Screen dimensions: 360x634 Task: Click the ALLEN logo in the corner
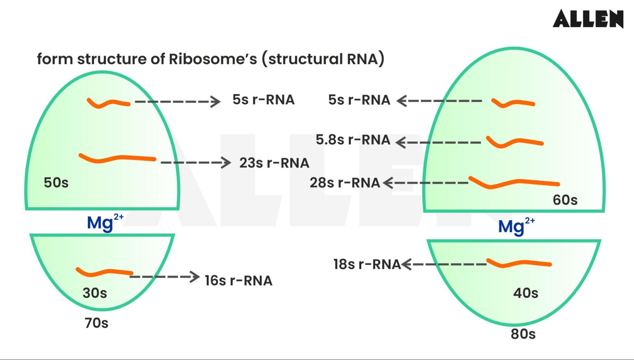(588, 19)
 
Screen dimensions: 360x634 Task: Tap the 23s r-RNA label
(274, 163)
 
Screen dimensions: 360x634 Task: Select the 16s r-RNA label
(239, 281)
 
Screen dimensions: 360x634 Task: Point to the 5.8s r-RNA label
(353, 140)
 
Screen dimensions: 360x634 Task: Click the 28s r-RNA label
(345, 183)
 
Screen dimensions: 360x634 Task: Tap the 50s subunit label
(56, 183)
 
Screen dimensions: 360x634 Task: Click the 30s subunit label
(95, 293)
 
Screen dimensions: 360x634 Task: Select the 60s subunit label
(565, 200)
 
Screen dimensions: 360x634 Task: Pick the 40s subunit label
(526, 293)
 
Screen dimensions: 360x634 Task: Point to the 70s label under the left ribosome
(96, 323)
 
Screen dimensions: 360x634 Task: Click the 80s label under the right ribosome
(523, 334)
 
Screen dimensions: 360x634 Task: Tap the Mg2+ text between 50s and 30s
(105, 223)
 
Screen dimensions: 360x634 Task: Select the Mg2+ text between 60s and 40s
(516, 226)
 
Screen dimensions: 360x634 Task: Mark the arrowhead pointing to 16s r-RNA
(195, 277)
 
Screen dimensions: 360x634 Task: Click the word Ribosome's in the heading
(212, 59)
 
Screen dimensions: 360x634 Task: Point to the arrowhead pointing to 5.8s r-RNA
(401, 142)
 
